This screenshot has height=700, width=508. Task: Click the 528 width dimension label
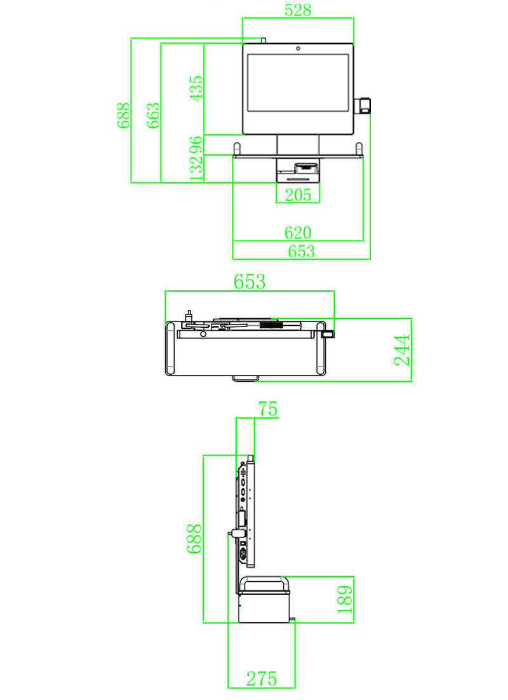[x=298, y=10]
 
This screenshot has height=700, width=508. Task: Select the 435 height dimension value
[x=196, y=89]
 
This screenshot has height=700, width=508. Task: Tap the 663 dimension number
[x=153, y=115]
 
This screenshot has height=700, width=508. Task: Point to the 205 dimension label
[x=298, y=195]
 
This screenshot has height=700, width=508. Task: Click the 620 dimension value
[x=298, y=232]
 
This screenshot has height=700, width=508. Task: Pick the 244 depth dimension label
[x=403, y=349]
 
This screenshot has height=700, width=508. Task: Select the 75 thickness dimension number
[x=267, y=409]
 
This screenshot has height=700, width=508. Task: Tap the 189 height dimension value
[x=345, y=599]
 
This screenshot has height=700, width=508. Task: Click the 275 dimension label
[x=262, y=679]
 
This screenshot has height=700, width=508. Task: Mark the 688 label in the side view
[x=194, y=539]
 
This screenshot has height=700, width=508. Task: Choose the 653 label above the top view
[x=250, y=281]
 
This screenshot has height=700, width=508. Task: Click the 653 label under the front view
[x=301, y=251]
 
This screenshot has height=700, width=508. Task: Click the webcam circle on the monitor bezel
[x=297, y=48]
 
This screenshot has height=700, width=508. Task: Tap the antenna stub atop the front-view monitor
[x=262, y=41]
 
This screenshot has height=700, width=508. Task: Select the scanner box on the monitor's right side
[x=364, y=105]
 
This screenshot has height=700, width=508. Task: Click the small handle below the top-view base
[x=245, y=379]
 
